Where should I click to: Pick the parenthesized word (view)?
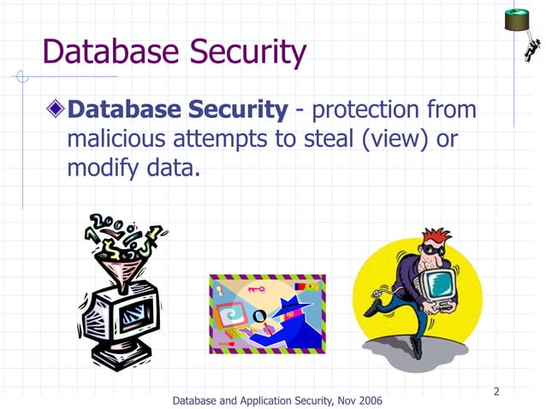tap(400, 139)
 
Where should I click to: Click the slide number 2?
tap(496, 392)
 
